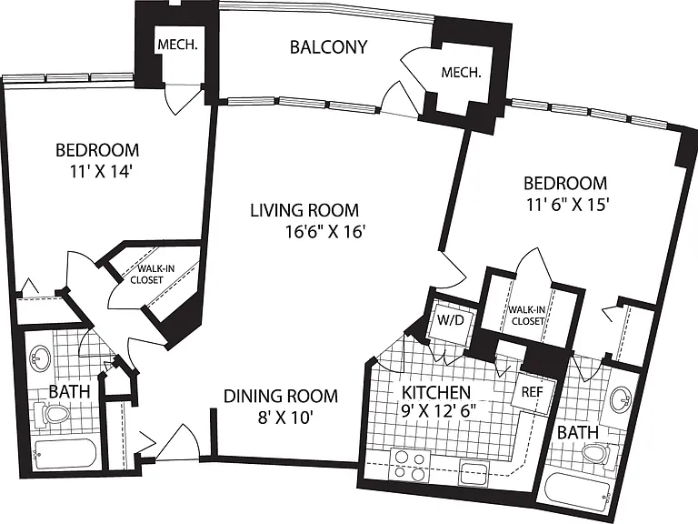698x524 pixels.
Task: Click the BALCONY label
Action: (x=328, y=46)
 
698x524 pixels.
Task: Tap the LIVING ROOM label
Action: (x=304, y=210)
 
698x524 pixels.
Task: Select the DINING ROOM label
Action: (x=281, y=396)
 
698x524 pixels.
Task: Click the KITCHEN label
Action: (x=436, y=393)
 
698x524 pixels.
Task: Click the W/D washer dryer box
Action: (x=451, y=320)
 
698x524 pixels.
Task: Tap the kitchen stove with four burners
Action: (x=410, y=466)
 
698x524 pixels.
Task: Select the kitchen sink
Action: (x=474, y=473)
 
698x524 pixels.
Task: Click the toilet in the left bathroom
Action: (x=53, y=414)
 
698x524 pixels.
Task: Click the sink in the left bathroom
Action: (x=41, y=358)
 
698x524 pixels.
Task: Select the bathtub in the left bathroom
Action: (x=65, y=454)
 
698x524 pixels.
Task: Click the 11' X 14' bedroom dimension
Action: (x=100, y=172)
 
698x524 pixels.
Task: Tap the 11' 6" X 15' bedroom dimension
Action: (x=567, y=205)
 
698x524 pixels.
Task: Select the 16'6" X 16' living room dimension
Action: (x=325, y=232)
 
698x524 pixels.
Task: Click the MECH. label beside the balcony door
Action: (x=461, y=73)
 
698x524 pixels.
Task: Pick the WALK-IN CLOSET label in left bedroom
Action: (x=149, y=274)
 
